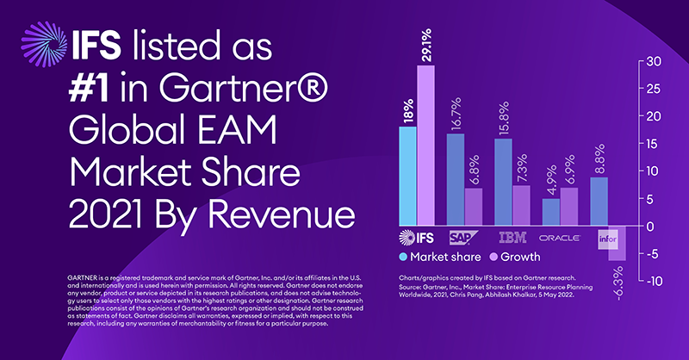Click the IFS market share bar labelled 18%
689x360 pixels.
pyautogui.click(x=407, y=176)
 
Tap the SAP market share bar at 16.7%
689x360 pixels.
pyautogui.click(x=456, y=179)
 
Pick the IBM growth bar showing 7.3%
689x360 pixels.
pyautogui.click(x=521, y=205)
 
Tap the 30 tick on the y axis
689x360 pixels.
pyautogui.click(x=653, y=61)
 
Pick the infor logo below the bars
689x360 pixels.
pyautogui.click(x=608, y=242)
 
